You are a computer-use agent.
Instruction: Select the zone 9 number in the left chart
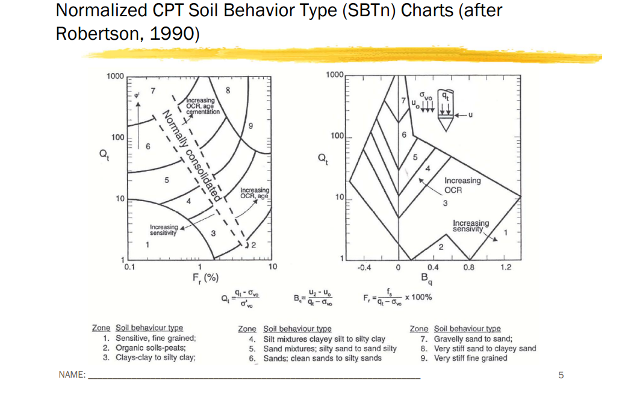coord(251,126)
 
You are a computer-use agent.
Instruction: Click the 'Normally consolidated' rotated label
coord(191,156)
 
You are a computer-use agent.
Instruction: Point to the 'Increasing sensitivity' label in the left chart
coord(163,229)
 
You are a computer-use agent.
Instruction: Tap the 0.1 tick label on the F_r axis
coord(129,265)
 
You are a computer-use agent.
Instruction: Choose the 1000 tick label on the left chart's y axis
coord(115,76)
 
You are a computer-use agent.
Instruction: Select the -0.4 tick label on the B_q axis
coord(363,267)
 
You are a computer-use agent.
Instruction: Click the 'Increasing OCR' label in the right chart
coord(462,185)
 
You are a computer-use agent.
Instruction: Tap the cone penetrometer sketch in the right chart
coord(444,112)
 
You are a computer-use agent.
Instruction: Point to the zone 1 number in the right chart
coord(506,232)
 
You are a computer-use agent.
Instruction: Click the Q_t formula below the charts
coord(240,299)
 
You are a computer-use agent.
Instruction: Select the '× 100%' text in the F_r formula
coord(418,298)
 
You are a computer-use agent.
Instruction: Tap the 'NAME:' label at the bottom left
coord(71,375)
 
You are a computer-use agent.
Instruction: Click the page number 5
coord(561,375)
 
